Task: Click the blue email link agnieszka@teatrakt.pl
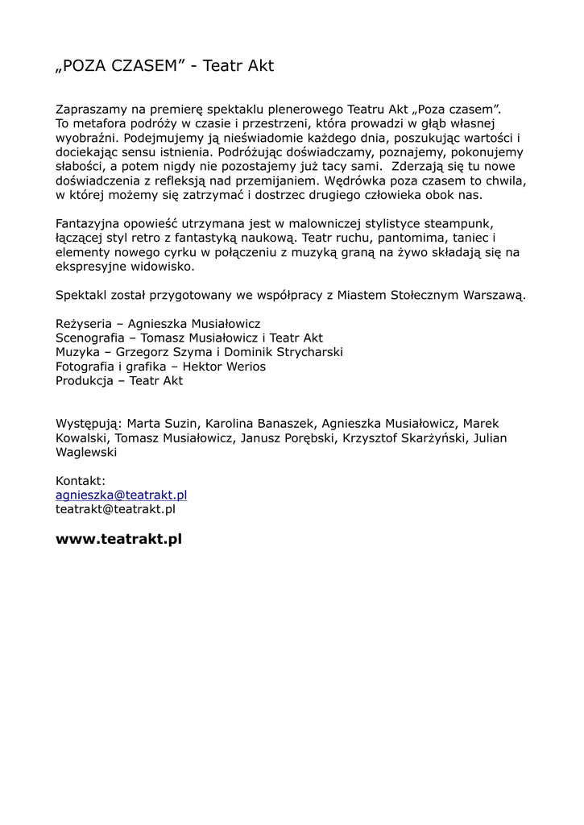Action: (x=121, y=495)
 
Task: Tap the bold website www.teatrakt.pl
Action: (x=118, y=539)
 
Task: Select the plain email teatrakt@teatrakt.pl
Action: (x=115, y=509)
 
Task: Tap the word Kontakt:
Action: (x=81, y=481)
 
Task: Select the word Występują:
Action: (x=89, y=424)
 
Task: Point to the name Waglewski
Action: (x=86, y=453)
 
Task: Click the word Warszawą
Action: (x=495, y=295)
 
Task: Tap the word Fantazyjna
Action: (x=89, y=223)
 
